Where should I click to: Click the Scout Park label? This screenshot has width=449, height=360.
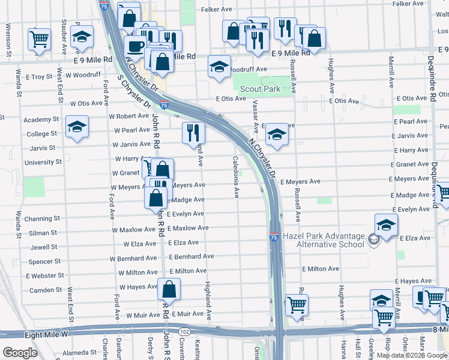pyautogui.click(x=260, y=89)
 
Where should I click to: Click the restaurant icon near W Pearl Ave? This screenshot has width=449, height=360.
pyautogui.click(x=193, y=133)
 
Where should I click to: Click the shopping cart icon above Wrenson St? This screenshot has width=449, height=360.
pyautogui.click(x=39, y=39)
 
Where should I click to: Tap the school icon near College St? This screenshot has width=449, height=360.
pyautogui.click(x=77, y=127)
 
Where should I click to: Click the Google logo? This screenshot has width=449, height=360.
pyautogui.click(x=20, y=353)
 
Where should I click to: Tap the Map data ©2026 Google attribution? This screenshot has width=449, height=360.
pyautogui.click(x=411, y=355)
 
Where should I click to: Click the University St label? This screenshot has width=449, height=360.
pyautogui.click(x=43, y=162)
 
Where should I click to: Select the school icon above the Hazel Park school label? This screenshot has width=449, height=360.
pyautogui.click(x=386, y=225)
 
